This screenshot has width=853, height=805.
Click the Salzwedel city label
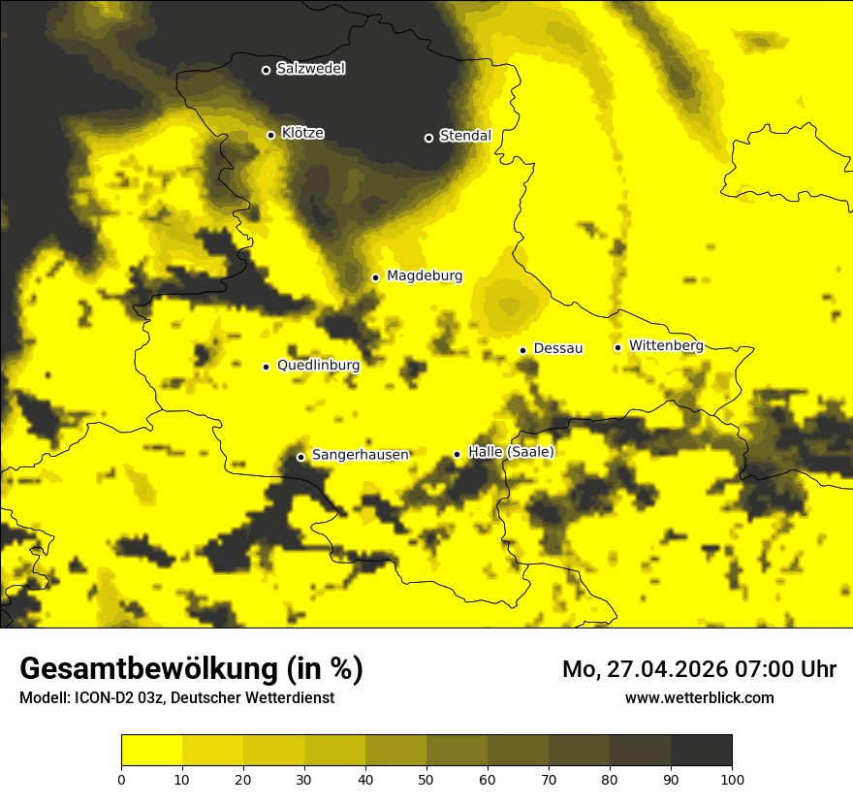click(x=310, y=69)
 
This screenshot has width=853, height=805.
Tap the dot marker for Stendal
click(x=428, y=138)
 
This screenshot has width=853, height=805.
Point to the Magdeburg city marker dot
click(x=375, y=277)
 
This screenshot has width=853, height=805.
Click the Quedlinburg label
click(x=318, y=366)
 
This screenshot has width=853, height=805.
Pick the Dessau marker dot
click(x=522, y=350)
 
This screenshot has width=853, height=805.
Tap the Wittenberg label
click(x=666, y=346)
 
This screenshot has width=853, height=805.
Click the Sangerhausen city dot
click(x=300, y=457)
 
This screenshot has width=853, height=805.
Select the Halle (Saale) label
click(x=511, y=452)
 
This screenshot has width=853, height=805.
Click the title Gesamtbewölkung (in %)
click(x=191, y=669)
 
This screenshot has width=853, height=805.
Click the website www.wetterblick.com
click(x=699, y=697)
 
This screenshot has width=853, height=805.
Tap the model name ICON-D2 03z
click(x=122, y=698)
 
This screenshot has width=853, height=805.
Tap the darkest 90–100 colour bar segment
click(x=701, y=751)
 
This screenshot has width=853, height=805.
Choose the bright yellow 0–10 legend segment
click(x=151, y=751)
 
